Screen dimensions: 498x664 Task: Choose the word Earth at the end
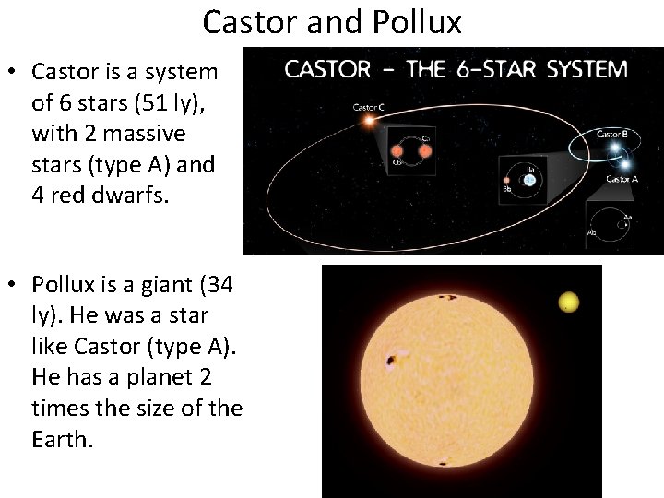pos(62,439)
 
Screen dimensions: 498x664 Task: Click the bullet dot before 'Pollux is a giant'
pos(16,286)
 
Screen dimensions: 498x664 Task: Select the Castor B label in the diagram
pos(612,134)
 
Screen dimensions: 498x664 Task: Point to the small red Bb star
pos(508,181)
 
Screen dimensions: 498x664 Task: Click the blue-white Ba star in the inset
pos(528,181)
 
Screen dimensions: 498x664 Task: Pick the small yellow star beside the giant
pos(568,302)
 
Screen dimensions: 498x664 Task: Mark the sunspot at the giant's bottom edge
pos(445,463)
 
